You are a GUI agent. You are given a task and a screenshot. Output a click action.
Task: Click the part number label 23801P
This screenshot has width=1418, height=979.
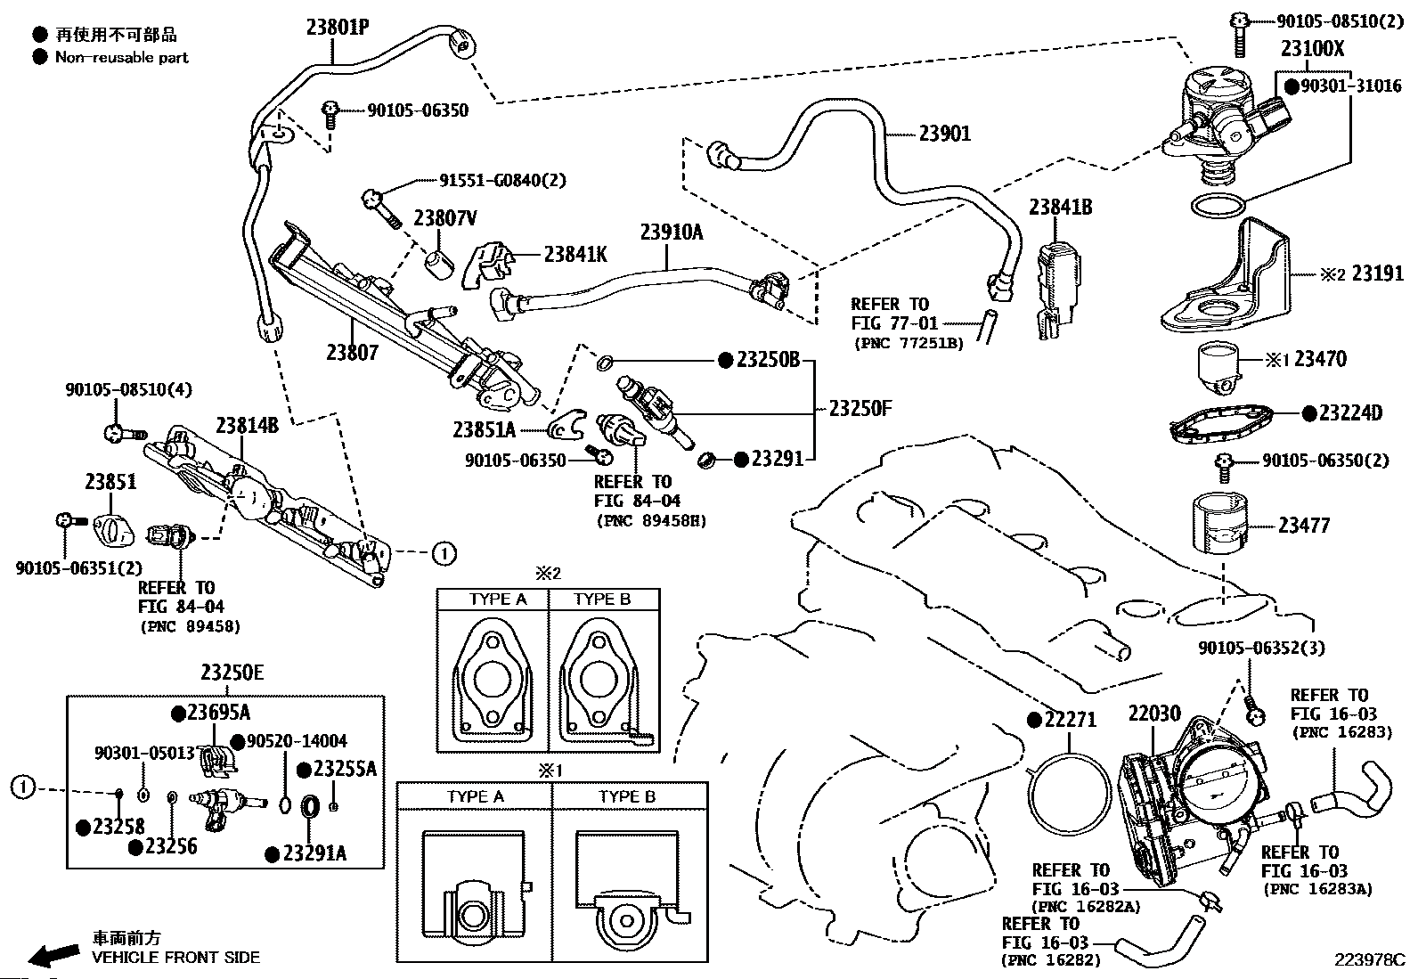[338, 28]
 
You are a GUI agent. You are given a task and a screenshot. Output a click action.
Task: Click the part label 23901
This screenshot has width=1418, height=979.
[944, 134]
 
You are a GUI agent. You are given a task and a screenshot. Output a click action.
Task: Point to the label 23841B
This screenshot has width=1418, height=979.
[1060, 207]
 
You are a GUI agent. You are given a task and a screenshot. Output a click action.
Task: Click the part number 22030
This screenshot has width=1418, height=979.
[1154, 714]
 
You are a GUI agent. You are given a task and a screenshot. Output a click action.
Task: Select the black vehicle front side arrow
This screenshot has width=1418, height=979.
[53, 954]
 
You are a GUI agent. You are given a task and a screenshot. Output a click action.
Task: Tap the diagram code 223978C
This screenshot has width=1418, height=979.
[1369, 960]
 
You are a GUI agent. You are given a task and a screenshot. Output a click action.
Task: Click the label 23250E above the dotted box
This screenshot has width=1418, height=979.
[232, 672]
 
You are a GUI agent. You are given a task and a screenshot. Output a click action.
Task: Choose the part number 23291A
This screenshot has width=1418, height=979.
[314, 853]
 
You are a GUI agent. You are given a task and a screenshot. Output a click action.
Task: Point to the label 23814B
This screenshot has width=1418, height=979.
[247, 426]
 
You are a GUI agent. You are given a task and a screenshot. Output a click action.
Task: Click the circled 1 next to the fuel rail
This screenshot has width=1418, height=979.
[444, 554]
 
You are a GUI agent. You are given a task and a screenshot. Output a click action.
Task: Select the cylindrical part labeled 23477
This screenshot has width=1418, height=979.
[1220, 523]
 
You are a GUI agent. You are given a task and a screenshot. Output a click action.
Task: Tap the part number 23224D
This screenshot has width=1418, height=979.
[1351, 412]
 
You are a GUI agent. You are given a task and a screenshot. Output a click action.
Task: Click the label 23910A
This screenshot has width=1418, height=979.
[672, 233]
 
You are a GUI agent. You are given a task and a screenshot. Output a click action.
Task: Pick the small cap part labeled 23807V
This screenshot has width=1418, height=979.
[439, 264]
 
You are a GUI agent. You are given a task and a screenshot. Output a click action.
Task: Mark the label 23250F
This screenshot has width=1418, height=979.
[860, 409]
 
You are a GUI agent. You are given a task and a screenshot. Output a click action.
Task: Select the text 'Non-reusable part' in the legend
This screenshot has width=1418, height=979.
[121, 58]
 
